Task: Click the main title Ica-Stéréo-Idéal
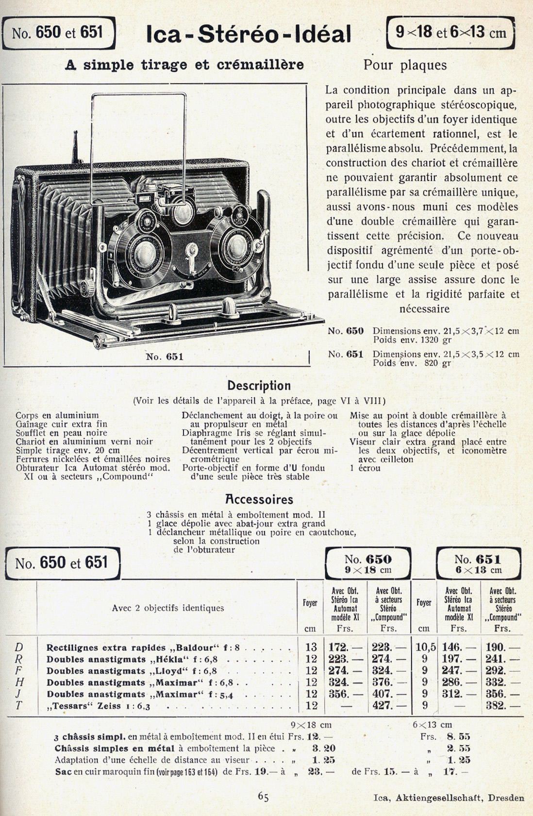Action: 248,34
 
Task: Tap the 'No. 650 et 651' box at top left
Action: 58,33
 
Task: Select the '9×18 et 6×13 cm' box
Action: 450,33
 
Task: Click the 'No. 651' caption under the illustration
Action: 165,357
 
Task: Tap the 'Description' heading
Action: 259,386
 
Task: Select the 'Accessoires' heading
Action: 259,499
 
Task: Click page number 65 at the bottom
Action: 263,796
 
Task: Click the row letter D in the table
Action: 19,647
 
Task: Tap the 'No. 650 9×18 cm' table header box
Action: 367,564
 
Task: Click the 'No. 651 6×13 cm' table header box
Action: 478,564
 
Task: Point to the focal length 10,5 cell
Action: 425,647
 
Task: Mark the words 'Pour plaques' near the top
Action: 405,65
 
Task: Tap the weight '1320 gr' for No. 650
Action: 432,340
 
